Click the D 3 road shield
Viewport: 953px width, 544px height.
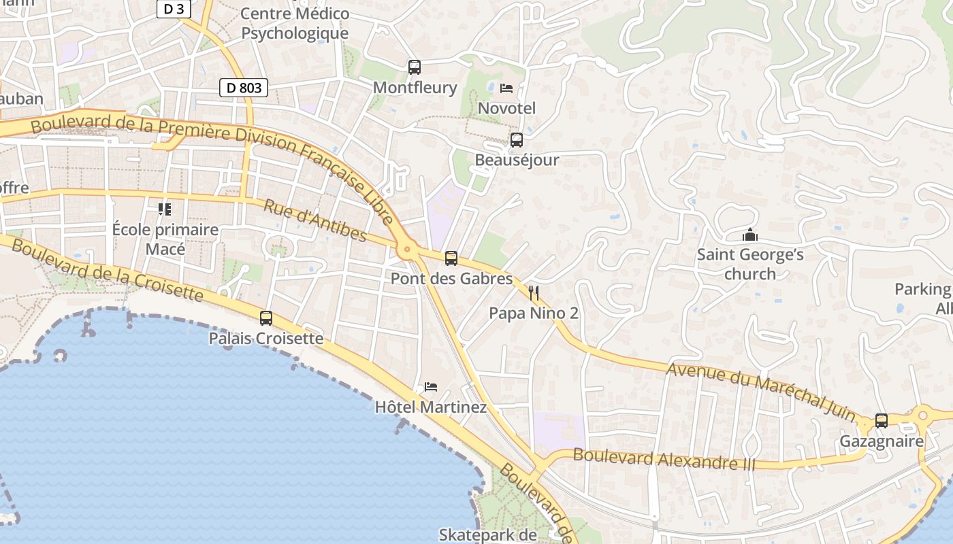[x=174, y=9]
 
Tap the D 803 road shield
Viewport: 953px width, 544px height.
[x=244, y=88]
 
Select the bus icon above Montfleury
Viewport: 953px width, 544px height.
[x=414, y=67]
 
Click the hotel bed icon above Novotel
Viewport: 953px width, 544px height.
[x=506, y=88]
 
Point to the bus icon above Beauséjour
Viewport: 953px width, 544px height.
[x=517, y=140]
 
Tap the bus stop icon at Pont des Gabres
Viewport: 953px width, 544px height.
[x=451, y=258]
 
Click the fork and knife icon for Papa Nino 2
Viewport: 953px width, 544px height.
[x=534, y=293]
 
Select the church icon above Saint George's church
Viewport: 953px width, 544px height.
[x=750, y=235]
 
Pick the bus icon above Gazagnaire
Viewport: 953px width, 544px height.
[x=882, y=421]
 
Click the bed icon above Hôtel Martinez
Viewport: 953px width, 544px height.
[x=430, y=387]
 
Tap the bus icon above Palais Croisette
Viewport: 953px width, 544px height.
[x=266, y=318]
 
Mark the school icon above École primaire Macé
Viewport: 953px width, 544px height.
[x=165, y=209]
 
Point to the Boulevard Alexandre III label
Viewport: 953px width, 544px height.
[x=664, y=459]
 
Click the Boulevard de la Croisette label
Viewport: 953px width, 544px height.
[x=107, y=270]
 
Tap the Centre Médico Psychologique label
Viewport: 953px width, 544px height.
[x=295, y=23]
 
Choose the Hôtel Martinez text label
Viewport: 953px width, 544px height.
[x=431, y=407]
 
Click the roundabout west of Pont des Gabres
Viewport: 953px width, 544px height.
[x=408, y=250]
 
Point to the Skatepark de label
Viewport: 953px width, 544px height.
[x=487, y=534]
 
